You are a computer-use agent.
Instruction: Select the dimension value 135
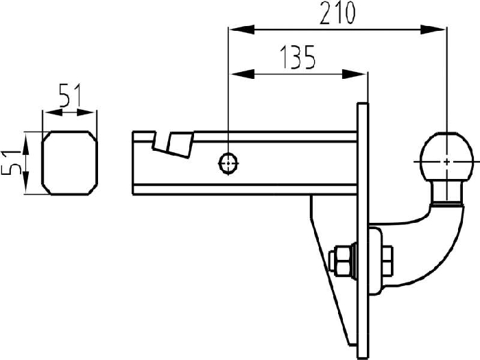296,58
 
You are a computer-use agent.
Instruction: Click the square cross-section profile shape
69,163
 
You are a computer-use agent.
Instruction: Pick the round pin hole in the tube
228,163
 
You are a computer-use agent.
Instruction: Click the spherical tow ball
446,158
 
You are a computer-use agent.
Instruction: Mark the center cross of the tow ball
446,161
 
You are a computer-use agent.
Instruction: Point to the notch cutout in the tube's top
171,143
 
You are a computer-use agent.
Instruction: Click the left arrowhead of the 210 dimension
237,29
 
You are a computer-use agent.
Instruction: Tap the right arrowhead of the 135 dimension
359,73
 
